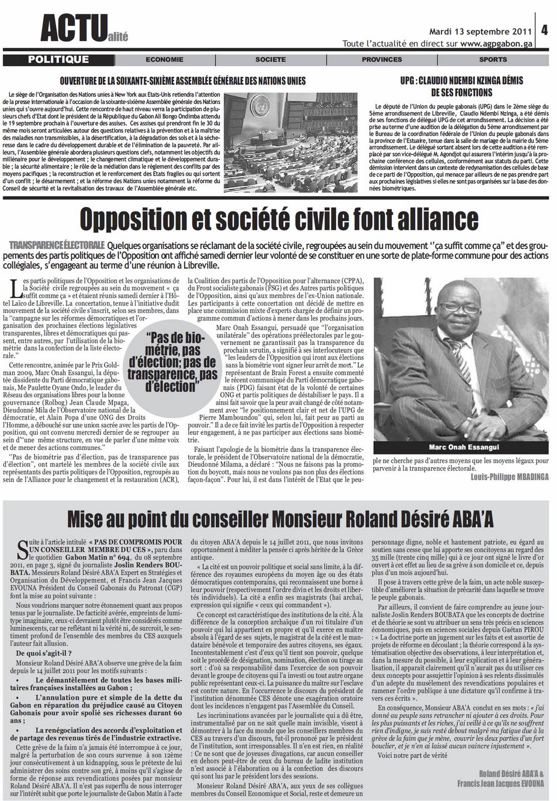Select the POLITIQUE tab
(59, 60)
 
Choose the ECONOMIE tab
(165, 60)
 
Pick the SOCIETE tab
(270, 60)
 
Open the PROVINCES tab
(382, 60)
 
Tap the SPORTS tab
(492, 60)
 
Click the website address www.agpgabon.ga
(496, 44)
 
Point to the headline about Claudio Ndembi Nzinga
(461, 86)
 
